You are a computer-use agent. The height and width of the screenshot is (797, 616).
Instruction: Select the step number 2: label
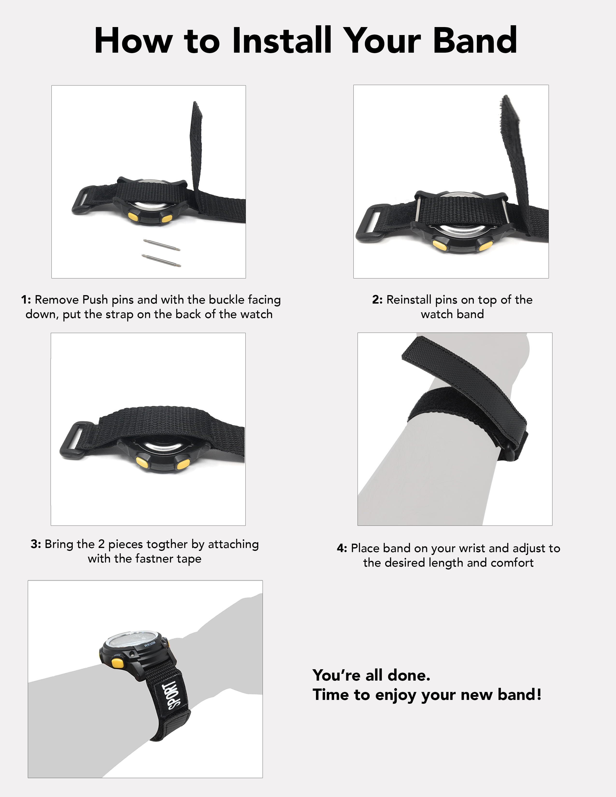pos(377,300)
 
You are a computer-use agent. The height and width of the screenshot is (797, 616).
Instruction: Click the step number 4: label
pos(342,548)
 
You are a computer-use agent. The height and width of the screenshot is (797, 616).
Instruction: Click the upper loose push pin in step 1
pos(162,245)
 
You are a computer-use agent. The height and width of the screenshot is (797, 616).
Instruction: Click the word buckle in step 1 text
pos(227,300)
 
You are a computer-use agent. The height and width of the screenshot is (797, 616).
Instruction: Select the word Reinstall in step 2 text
pos(409,300)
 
